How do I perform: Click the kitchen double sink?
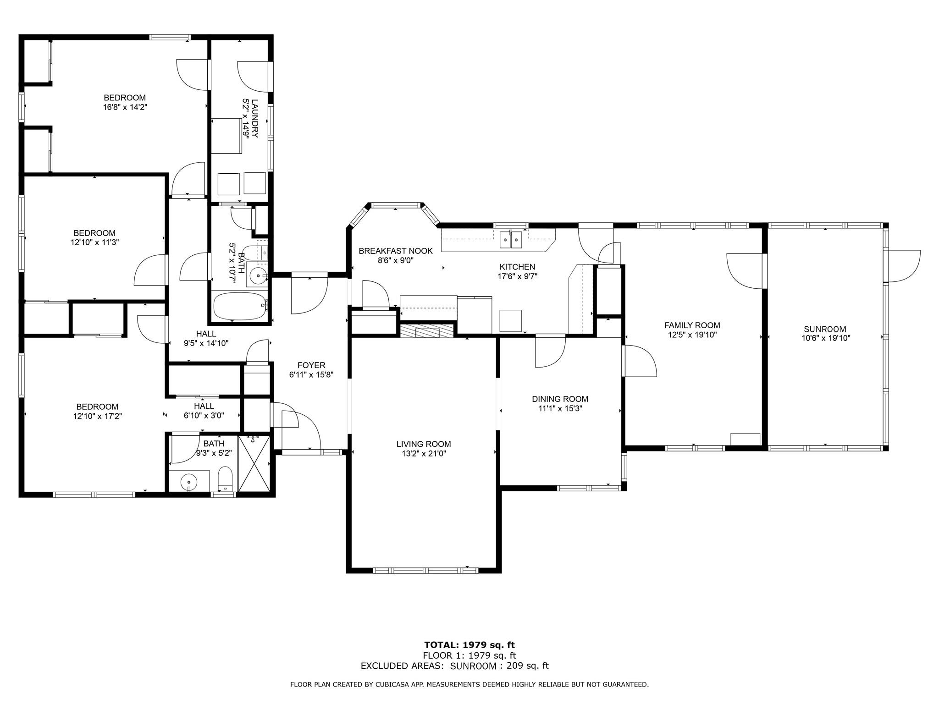pyautogui.click(x=511, y=239)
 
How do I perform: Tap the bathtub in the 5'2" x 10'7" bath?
pyautogui.click(x=240, y=306)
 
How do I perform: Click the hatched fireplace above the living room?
pyautogui.click(x=426, y=330)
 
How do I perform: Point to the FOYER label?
pyautogui.click(x=311, y=365)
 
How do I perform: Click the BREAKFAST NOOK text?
pyautogui.click(x=396, y=251)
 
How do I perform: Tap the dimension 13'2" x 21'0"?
pyautogui.click(x=424, y=454)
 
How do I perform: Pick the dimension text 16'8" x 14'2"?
pyautogui.click(x=125, y=107)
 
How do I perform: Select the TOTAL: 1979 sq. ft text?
pyautogui.click(x=469, y=645)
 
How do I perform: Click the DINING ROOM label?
pyautogui.click(x=560, y=399)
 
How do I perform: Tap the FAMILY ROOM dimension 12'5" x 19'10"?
pyautogui.click(x=692, y=335)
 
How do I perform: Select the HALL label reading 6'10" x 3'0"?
pyautogui.click(x=204, y=416)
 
